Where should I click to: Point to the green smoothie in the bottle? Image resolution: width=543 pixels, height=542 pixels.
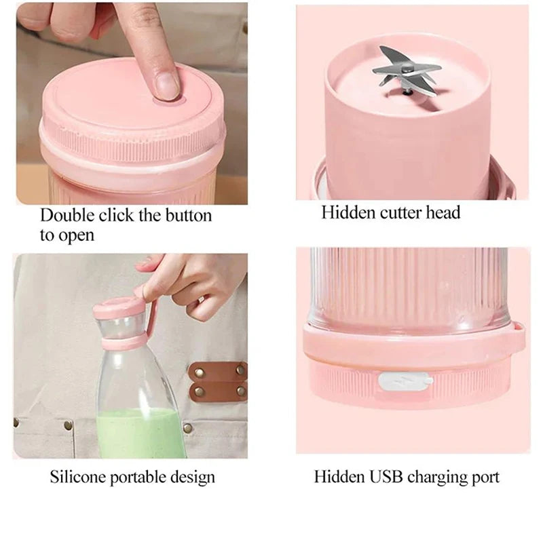coord(140,433)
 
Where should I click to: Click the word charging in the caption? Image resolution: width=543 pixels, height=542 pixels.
coord(437,478)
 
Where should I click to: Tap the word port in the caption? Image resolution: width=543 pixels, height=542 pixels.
coord(485,478)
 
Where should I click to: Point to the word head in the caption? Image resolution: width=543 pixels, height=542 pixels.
coord(444,213)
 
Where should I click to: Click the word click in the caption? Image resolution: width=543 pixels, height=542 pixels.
coord(116,216)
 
